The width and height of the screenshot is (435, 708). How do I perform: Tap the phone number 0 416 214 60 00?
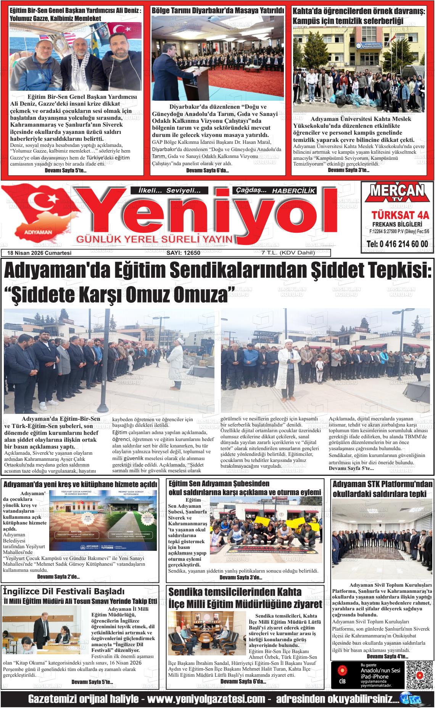(x=397, y=244)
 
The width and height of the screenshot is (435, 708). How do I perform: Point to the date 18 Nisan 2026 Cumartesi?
(x=39, y=253)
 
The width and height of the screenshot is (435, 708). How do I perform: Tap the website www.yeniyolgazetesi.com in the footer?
(x=206, y=699)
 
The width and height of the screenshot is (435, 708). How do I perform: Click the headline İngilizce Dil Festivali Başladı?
(x=64, y=591)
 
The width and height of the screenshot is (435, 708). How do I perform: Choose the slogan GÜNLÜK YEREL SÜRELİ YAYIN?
(x=155, y=239)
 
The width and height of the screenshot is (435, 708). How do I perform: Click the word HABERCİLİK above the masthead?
(x=294, y=191)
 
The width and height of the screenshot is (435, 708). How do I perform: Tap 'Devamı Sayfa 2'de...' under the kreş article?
(x=58, y=577)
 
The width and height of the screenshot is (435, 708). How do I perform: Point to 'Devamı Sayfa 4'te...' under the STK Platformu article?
(x=387, y=657)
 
